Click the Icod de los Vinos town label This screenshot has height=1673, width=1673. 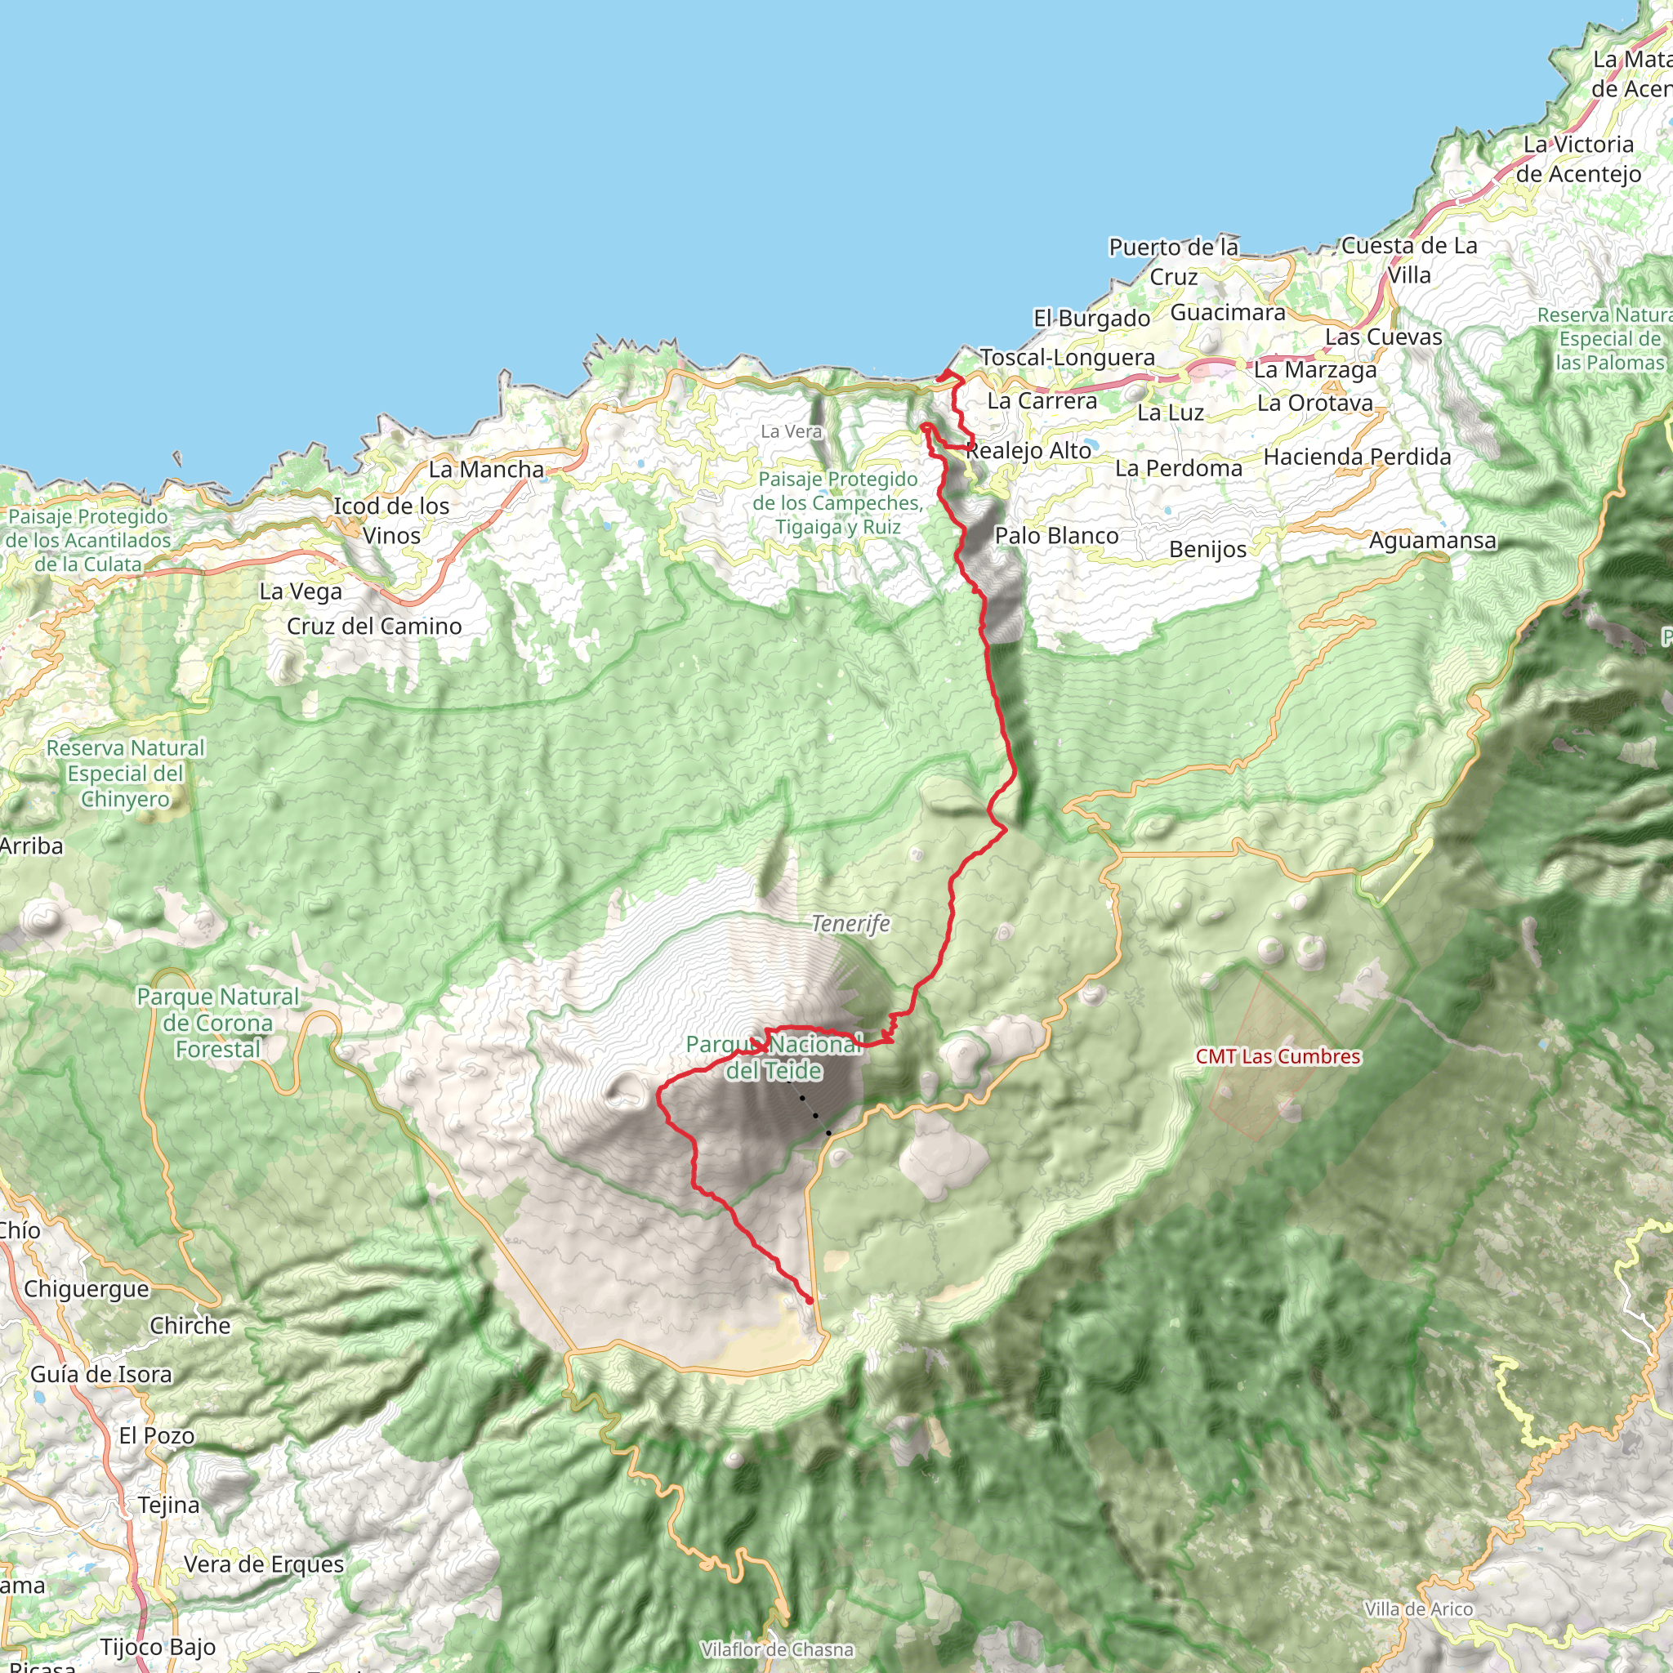coord(391,520)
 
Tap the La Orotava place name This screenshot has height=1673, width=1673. coord(1314,404)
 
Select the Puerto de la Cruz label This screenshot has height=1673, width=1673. coord(1173,261)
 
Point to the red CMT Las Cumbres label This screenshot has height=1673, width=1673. coord(1278,1056)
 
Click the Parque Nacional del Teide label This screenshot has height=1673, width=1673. coord(774,1057)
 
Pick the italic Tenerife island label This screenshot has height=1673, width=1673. coord(850,924)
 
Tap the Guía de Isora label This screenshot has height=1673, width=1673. coord(101,1374)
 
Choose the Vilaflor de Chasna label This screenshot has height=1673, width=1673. coord(777,1649)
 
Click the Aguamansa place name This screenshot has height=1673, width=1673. coord(1432,540)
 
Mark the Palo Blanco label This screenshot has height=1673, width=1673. coord(1056,536)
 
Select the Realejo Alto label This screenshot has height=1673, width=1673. coord(1028,451)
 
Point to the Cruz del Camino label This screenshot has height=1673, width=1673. coord(374,626)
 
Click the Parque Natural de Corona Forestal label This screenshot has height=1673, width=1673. coord(217,1023)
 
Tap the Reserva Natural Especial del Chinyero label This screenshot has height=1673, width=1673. coord(126,774)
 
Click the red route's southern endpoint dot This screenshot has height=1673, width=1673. coord(810,1300)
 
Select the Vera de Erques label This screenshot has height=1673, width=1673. coord(263,1564)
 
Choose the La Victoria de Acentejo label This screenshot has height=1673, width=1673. coord(1577,159)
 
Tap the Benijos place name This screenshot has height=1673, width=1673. coord(1207,550)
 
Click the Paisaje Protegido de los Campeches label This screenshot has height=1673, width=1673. coord(837,503)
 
